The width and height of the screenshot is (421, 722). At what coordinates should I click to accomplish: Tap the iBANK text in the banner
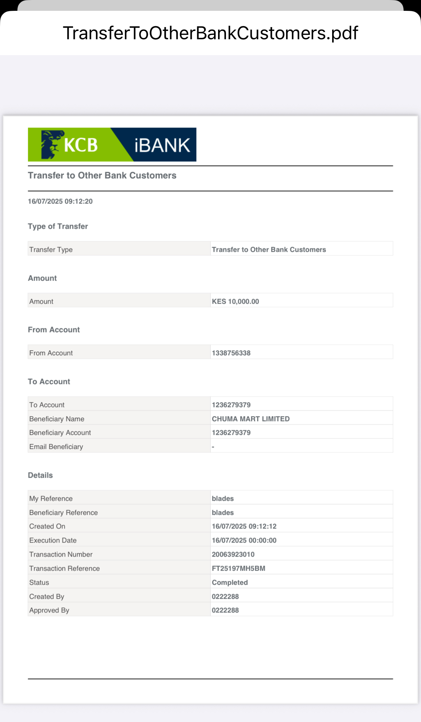[x=162, y=146]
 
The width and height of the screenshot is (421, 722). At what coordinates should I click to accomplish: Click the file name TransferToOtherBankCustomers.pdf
[x=210, y=33]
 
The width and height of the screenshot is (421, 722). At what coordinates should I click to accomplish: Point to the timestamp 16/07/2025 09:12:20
[x=60, y=201]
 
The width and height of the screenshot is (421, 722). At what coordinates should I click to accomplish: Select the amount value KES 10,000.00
[x=235, y=302]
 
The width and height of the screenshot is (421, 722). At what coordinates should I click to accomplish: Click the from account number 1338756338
[x=231, y=353]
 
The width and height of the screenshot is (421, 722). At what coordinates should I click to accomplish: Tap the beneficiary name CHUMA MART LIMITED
[x=250, y=419]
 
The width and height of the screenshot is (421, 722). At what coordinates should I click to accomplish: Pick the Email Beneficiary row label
[x=56, y=447]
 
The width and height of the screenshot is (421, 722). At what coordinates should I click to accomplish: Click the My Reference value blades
[x=223, y=499]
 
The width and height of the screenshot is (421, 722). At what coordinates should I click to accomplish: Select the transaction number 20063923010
[x=233, y=554]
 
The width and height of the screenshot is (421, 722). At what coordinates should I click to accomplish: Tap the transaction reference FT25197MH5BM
[x=238, y=569]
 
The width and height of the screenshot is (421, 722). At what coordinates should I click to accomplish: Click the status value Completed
[x=230, y=583]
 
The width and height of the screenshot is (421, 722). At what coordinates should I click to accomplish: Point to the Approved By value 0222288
[x=225, y=610]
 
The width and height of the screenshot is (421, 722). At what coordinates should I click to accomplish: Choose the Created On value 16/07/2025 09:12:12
[x=244, y=526]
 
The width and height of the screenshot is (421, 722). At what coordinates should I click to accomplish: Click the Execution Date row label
[x=53, y=540]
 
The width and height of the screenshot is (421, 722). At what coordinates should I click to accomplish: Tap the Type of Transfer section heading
[x=58, y=226]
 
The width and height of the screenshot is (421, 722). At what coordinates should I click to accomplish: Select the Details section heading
[x=40, y=475]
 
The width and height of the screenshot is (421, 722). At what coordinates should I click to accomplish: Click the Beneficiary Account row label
[x=60, y=433]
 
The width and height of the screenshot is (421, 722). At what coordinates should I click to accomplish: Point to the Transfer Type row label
[x=51, y=250]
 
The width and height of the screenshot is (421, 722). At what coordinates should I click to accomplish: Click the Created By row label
[x=47, y=597]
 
